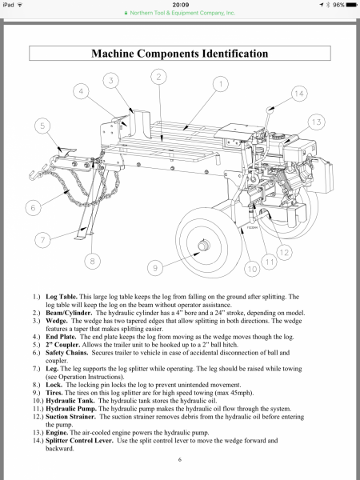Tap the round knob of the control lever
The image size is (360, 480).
tap(270, 109)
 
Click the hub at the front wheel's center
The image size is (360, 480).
tap(203, 246)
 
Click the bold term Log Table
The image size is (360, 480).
tap(62, 297)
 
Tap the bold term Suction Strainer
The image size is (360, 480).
tap(70, 417)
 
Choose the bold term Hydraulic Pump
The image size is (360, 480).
tap(71, 409)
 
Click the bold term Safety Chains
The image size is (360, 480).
tap(66, 353)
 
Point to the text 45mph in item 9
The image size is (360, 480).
tap(244, 393)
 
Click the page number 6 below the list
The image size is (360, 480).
tap(180, 459)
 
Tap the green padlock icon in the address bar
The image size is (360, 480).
tap(126, 13)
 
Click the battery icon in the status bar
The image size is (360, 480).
tap(351, 5)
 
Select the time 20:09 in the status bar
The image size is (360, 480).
tap(181, 5)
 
